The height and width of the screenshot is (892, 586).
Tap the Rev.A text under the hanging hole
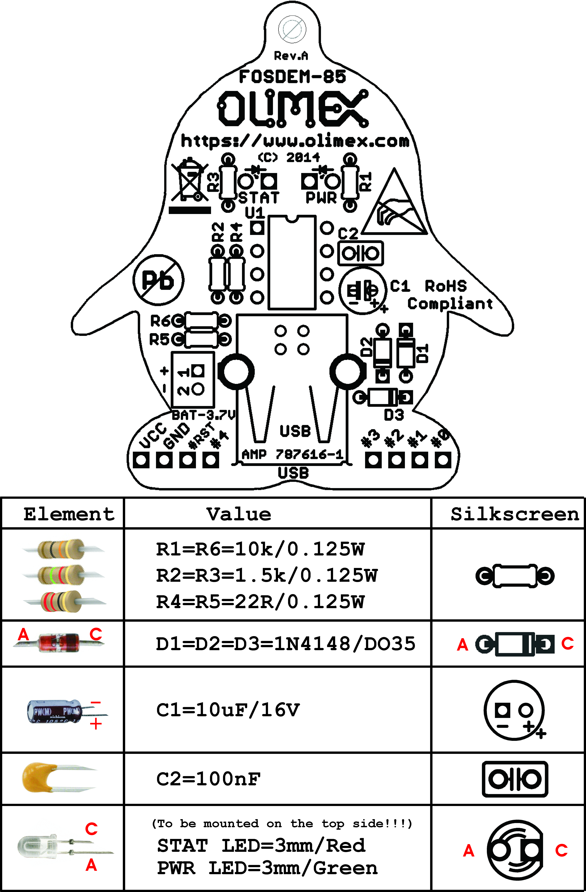tap(291, 56)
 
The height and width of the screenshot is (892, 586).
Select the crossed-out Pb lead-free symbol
tap(158, 280)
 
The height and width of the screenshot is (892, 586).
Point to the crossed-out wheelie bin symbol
tap(189, 182)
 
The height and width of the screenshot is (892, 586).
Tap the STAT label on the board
tap(259, 197)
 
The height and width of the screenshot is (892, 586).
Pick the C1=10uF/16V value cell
tap(228, 709)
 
